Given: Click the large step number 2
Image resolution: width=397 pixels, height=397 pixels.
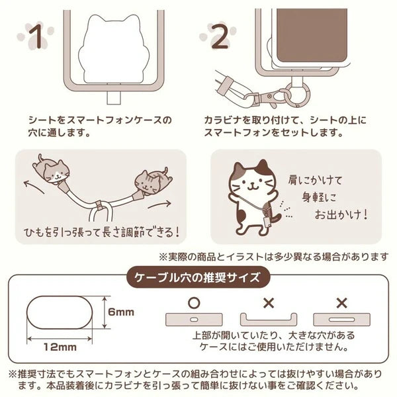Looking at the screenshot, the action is click(x=220, y=36).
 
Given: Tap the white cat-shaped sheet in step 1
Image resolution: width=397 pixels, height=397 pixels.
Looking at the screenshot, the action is click(x=112, y=48).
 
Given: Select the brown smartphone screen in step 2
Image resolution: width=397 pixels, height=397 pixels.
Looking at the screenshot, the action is click(x=312, y=36).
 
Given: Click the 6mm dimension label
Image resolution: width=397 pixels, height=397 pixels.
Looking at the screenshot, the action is click(x=121, y=312).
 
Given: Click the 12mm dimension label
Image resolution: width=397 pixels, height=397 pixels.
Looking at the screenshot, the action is click(x=60, y=347).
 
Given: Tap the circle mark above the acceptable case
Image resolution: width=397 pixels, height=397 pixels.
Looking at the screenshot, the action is click(x=194, y=303).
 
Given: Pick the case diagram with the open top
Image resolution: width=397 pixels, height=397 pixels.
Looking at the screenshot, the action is click(x=269, y=320).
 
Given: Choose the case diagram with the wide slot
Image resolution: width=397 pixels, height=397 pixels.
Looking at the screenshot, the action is click(x=342, y=320).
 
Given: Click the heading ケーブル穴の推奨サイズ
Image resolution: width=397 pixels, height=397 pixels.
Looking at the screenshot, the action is click(x=197, y=278).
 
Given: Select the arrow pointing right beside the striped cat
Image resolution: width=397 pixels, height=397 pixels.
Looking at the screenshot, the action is click(x=159, y=204).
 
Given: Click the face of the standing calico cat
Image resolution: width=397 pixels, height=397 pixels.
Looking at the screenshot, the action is click(x=251, y=184).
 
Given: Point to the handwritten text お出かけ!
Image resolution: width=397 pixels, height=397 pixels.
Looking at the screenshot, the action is click(x=341, y=215).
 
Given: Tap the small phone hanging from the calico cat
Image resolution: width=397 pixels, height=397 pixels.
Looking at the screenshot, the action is click(x=269, y=224).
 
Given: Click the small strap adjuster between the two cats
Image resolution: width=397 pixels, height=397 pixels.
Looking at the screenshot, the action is click(x=99, y=205).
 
